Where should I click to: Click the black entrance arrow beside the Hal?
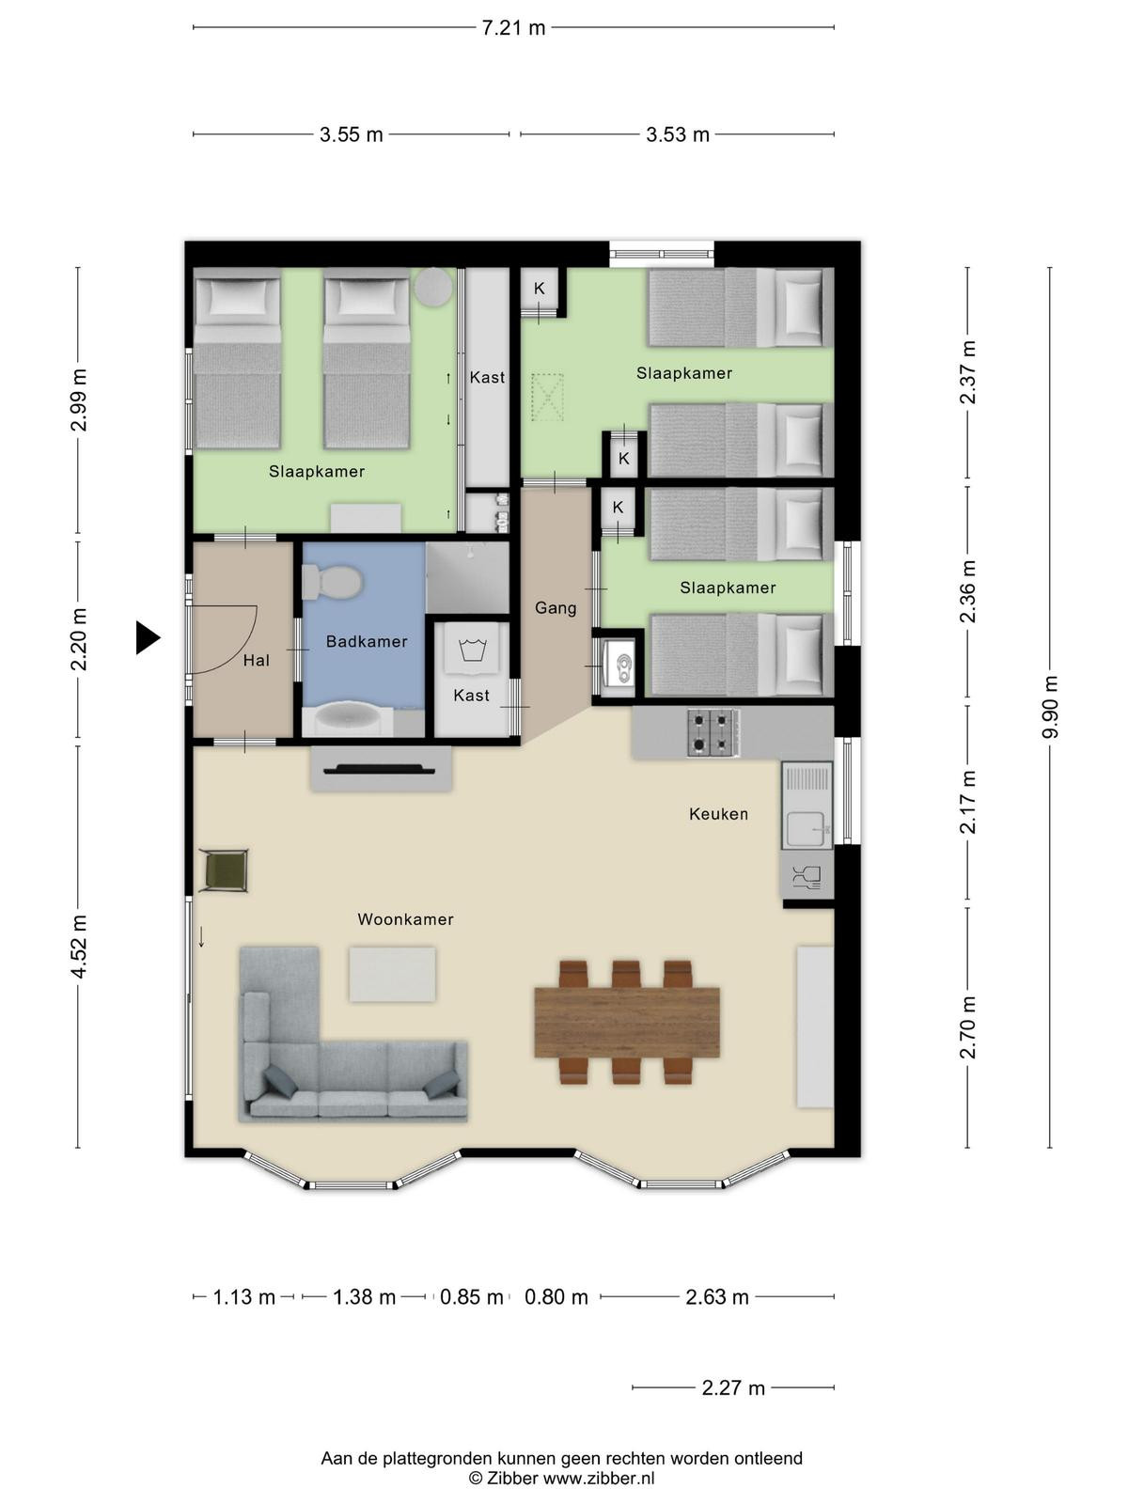pyautogui.click(x=148, y=637)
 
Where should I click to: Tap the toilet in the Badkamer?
pyautogui.click(x=332, y=582)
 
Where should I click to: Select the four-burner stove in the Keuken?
pyautogui.click(x=713, y=732)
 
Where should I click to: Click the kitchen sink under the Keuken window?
pyautogui.click(x=807, y=805)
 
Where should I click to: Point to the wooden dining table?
pyautogui.click(x=627, y=1022)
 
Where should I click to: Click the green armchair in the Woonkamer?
pyautogui.click(x=224, y=870)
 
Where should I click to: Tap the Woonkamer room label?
pyautogui.click(x=405, y=918)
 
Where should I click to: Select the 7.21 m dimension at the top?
pyautogui.click(x=513, y=28)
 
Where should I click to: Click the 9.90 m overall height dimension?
pyautogui.click(x=1050, y=707)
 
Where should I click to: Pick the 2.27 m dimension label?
pyautogui.click(x=733, y=1387)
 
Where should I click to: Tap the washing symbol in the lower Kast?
pyautogui.click(x=473, y=650)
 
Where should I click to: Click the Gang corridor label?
pyautogui.click(x=556, y=608)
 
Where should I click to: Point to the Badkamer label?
pyautogui.click(x=367, y=641)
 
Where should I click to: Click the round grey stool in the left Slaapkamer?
pyautogui.click(x=433, y=287)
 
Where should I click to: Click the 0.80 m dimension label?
pyautogui.click(x=556, y=1297)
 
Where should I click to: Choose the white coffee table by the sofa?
pyautogui.click(x=392, y=975)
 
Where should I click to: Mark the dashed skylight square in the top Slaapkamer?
pyautogui.click(x=547, y=397)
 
